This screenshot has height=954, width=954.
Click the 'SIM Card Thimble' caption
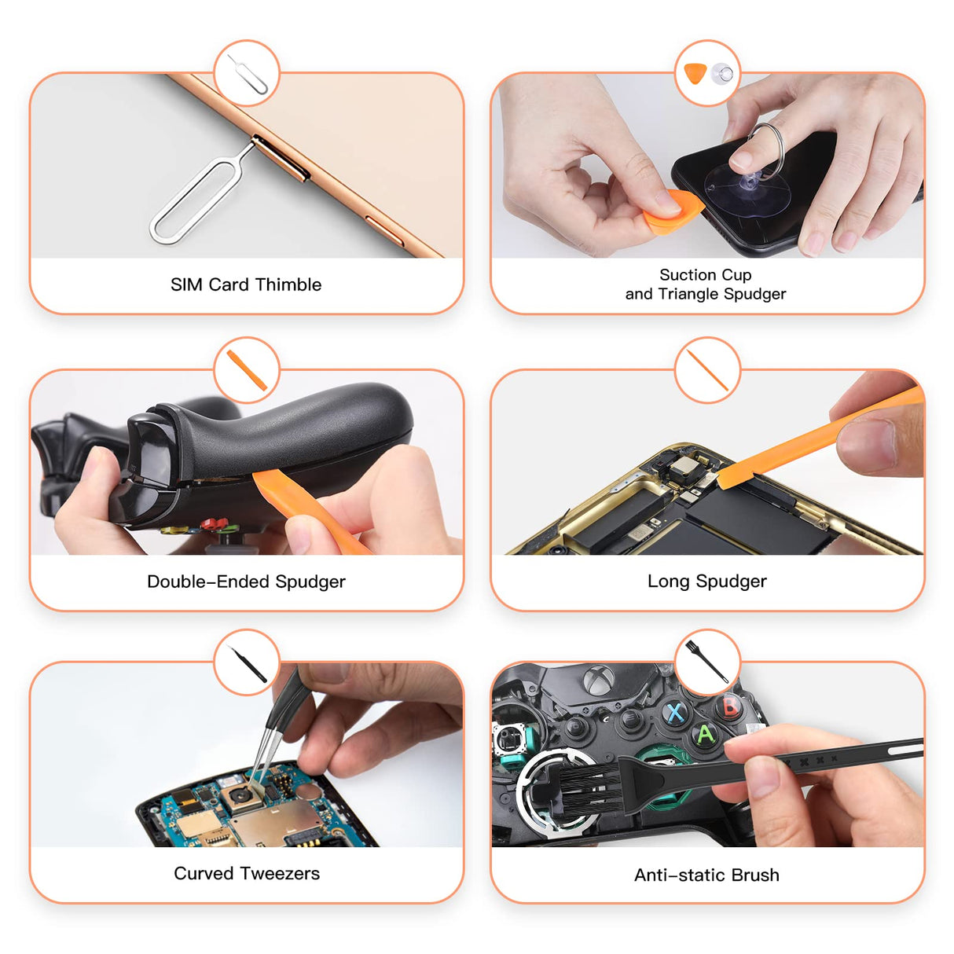tap(246, 284)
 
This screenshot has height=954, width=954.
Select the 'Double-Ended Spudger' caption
tap(246, 582)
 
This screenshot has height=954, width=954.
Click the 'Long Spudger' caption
tap(706, 582)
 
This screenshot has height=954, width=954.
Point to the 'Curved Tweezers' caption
tap(247, 873)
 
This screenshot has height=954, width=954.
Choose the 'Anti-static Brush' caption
tap(706, 875)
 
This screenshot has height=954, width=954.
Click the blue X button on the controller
tap(675, 713)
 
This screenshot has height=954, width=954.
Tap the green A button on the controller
tap(705, 735)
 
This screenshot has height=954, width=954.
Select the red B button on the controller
tap(730, 705)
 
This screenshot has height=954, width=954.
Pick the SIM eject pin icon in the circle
tap(248, 75)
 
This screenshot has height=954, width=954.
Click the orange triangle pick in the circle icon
tap(695, 74)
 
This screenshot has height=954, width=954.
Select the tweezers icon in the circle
tap(248, 663)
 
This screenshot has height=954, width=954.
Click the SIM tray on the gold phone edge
tap(280, 158)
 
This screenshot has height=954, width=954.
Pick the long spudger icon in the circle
tap(706, 370)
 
